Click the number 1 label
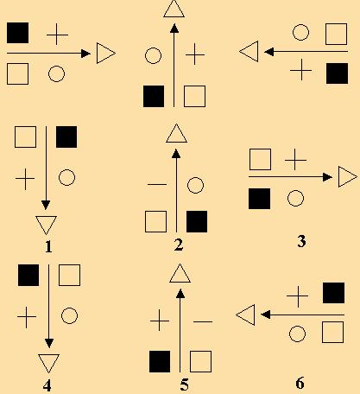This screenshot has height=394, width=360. point(48,247)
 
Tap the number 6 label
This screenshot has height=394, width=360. point(300,383)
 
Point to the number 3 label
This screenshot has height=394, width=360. point(301,241)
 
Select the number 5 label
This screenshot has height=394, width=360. point(185,384)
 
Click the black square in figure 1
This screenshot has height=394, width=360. point(66,137)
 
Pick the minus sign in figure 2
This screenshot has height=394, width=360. point(157,184)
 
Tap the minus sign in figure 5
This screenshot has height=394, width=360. point(203,321)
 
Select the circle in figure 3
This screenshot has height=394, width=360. point(295,198)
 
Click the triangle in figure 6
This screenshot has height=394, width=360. point(245,315)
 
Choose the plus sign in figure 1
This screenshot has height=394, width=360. point(25,179)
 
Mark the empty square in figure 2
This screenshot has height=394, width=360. point(155,221)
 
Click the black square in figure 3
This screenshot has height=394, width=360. point(259,199)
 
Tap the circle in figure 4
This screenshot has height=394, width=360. point(69,316)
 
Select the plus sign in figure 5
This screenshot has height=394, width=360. point(160,321)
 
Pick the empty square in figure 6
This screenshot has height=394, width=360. point(332,333)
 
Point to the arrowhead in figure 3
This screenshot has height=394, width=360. point(327,177)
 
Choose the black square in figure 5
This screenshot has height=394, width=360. point(160,361)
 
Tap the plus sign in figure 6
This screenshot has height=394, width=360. point(297,296)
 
